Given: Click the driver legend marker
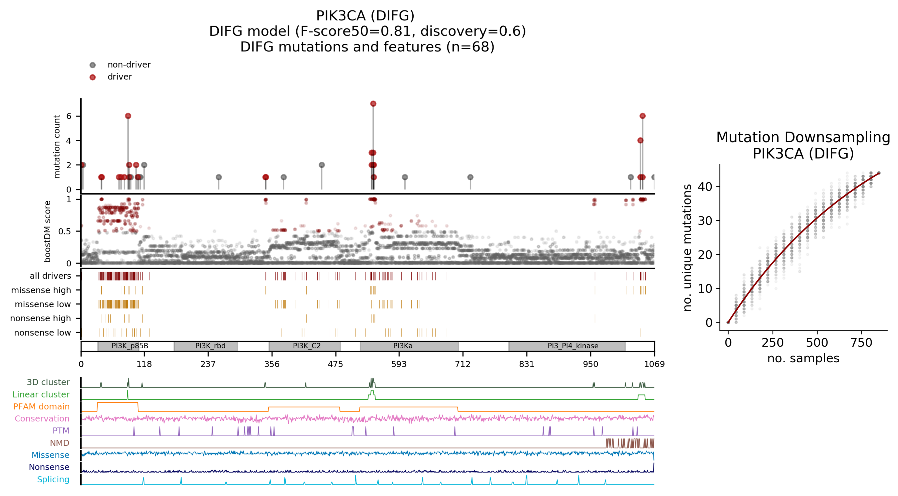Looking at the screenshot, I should (x=92, y=77).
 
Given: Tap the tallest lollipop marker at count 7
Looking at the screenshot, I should (x=373, y=103).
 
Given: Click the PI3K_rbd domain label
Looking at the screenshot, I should (x=210, y=346).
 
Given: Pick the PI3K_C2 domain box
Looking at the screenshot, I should (x=305, y=346).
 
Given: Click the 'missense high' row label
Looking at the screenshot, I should (x=41, y=290).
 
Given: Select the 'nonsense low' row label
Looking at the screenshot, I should (x=42, y=333).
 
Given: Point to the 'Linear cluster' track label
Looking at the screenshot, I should (x=41, y=394).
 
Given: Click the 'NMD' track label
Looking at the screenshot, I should (x=60, y=443).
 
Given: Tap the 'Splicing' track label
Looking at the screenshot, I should (x=53, y=479).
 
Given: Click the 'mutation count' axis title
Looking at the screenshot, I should (x=56, y=146).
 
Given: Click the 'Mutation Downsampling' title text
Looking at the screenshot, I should (x=803, y=137).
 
